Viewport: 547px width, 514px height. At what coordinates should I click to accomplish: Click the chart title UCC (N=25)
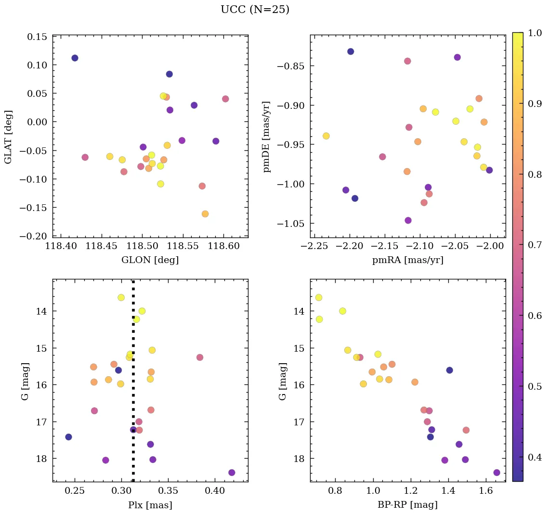pyautogui.click(x=255, y=10)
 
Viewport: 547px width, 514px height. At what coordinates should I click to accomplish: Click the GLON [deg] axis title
pyautogui.click(x=150, y=260)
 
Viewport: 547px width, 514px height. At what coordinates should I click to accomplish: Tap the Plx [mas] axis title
pyautogui.click(x=150, y=505)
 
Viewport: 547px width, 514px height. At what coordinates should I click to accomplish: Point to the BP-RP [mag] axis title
pyautogui.click(x=407, y=505)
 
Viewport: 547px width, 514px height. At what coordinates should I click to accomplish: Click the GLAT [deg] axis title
pyautogui.click(x=8, y=136)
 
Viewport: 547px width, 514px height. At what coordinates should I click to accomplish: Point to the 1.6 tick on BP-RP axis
pyautogui.click(x=486, y=492)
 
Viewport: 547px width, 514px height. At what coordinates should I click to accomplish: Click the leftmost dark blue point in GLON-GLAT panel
pyautogui.click(x=75, y=58)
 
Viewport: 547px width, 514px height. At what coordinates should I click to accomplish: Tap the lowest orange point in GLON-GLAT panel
pyautogui.click(x=205, y=214)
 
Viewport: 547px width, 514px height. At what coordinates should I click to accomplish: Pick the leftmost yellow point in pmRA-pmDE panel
pyautogui.click(x=326, y=136)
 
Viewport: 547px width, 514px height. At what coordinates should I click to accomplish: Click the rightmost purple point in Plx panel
pyautogui.click(x=232, y=473)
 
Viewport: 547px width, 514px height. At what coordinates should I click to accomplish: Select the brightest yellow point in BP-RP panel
pyautogui.click(x=319, y=298)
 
